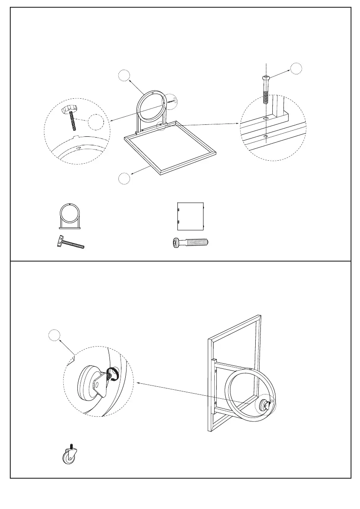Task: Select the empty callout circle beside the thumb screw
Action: tap(96, 122)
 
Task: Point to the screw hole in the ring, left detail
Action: tap(79, 147)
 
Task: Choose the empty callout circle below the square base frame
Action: tap(124, 179)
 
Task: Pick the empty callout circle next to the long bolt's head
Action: tap(295, 68)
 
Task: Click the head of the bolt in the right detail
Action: tap(266, 78)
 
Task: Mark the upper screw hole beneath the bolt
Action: tap(266, 117)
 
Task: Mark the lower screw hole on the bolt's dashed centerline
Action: tap(266, 136)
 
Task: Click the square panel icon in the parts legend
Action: tap(191, 216)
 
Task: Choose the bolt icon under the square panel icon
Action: tap(189, 243)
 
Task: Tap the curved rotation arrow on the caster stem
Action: tap(112, 373)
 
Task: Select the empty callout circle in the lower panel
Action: tap(54, 336)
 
